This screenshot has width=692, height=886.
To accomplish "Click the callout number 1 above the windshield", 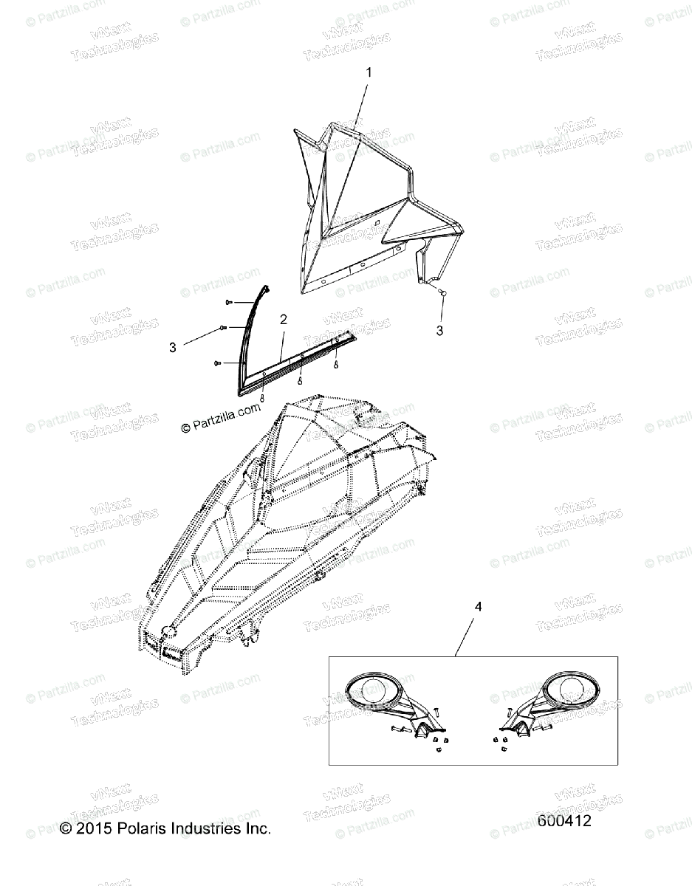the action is click(x=370, y=72).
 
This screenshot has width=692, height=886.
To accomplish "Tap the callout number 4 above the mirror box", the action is click(x=478, y=607).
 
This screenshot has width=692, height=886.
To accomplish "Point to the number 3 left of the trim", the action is click(x=173, y=347).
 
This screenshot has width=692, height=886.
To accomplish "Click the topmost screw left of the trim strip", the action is click(x=230, y=301).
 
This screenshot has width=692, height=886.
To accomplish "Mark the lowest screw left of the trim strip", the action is click(x=217, y=363).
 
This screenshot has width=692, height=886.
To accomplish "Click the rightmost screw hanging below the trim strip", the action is click(x=336, y=364).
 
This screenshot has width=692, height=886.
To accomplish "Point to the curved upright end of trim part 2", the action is click(x=256, y=310).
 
